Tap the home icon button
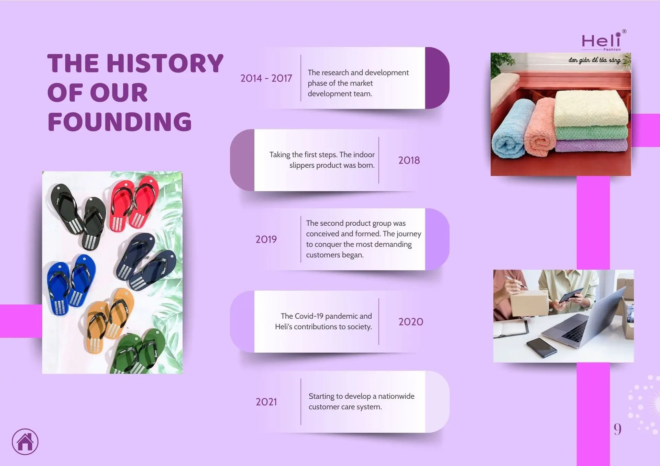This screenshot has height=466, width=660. [25, 442]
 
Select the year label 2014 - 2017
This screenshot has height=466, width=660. [266, 78]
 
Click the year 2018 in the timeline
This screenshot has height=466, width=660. [409, 160]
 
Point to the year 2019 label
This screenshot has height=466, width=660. [266, 239]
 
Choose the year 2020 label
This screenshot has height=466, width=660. [411, 322]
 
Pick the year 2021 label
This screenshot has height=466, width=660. [266, 402]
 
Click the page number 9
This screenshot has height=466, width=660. [618, 429]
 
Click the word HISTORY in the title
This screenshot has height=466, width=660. [165, 64]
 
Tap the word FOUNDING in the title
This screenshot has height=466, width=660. [120, 122]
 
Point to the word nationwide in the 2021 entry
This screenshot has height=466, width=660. [396, 396]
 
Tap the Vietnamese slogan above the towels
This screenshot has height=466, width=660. [594, 60]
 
